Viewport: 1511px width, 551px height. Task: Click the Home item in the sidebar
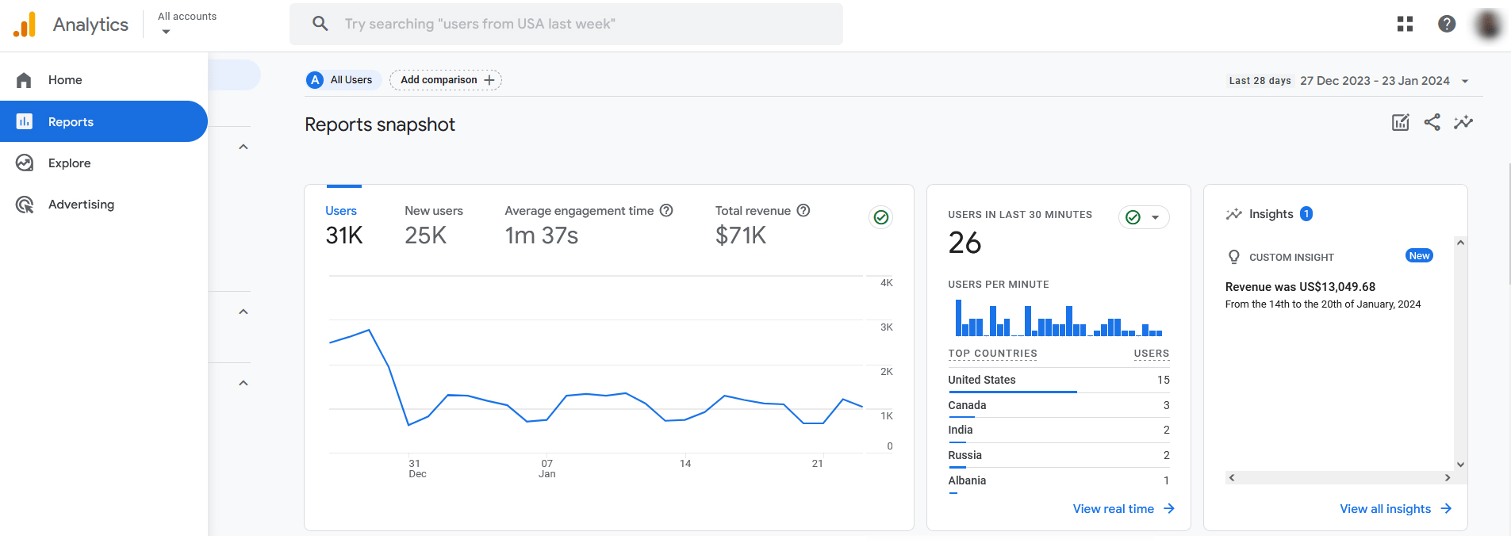(x=65, y=80)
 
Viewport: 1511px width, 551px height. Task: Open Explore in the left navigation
(x=69, y=163)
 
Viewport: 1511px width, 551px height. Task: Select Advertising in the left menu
(x=81, y=205)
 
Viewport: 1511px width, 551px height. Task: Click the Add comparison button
(x=446, y=80)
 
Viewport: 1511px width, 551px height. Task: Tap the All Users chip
(x=343, y=80)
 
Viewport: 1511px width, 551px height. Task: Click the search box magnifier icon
(x=320, y=24)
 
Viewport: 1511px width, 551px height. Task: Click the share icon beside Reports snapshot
(x=1432, y=122)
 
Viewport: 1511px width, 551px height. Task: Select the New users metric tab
(x=433, y=224)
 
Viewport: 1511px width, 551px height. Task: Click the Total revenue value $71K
(x=740, y=235)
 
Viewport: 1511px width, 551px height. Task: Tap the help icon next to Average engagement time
(x=666, y=211)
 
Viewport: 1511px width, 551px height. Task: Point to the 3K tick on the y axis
(x=886, y=327)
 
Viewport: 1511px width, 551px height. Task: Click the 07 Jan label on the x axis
(x=546, y=469)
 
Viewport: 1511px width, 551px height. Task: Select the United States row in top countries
(x=981, y=380)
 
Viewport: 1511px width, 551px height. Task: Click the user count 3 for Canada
(x=1166, y=405)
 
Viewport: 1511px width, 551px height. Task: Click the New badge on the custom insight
(x=1419, y=256)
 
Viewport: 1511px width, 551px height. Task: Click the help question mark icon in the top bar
(x=1447, y=24)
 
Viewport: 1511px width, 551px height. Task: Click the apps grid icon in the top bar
(x=1405, y=24)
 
